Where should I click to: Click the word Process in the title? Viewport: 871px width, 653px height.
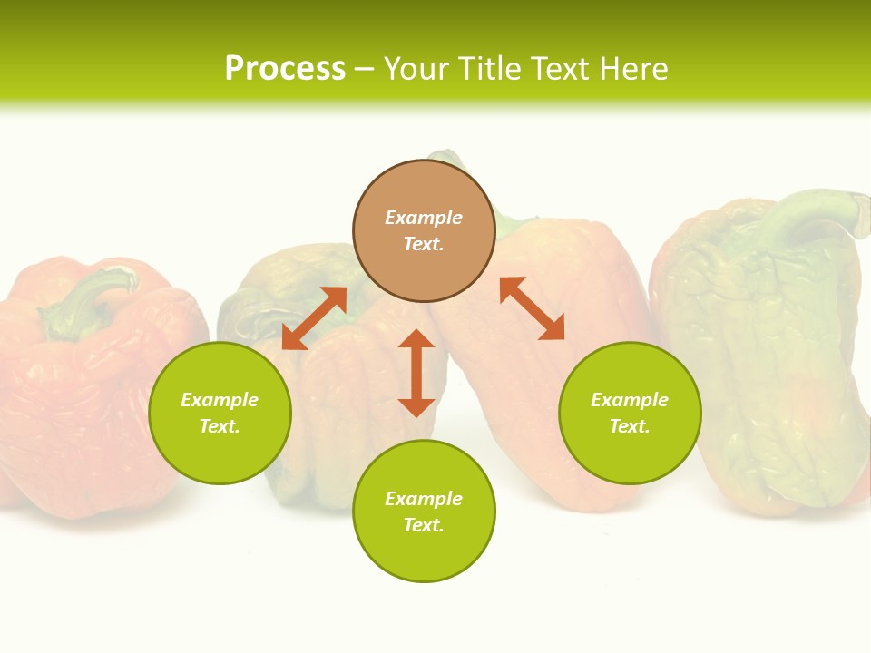[285, 69]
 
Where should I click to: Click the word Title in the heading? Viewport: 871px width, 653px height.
[487, 69]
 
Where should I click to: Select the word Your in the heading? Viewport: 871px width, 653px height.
[416, 69]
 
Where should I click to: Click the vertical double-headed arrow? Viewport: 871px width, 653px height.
[416, 373]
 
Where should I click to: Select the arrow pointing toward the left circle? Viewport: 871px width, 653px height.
[314, 318]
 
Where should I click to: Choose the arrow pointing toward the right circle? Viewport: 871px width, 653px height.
[532, 308]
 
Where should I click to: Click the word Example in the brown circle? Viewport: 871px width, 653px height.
[424, 218]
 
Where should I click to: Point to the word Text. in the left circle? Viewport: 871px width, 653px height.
[220, 426]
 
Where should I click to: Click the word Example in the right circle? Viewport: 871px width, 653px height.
[630, 400]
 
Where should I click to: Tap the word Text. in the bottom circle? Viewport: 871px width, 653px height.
[424, 525]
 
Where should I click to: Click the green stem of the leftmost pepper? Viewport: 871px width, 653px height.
[86, 299]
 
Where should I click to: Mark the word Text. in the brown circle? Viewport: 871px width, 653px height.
[424, 244]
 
